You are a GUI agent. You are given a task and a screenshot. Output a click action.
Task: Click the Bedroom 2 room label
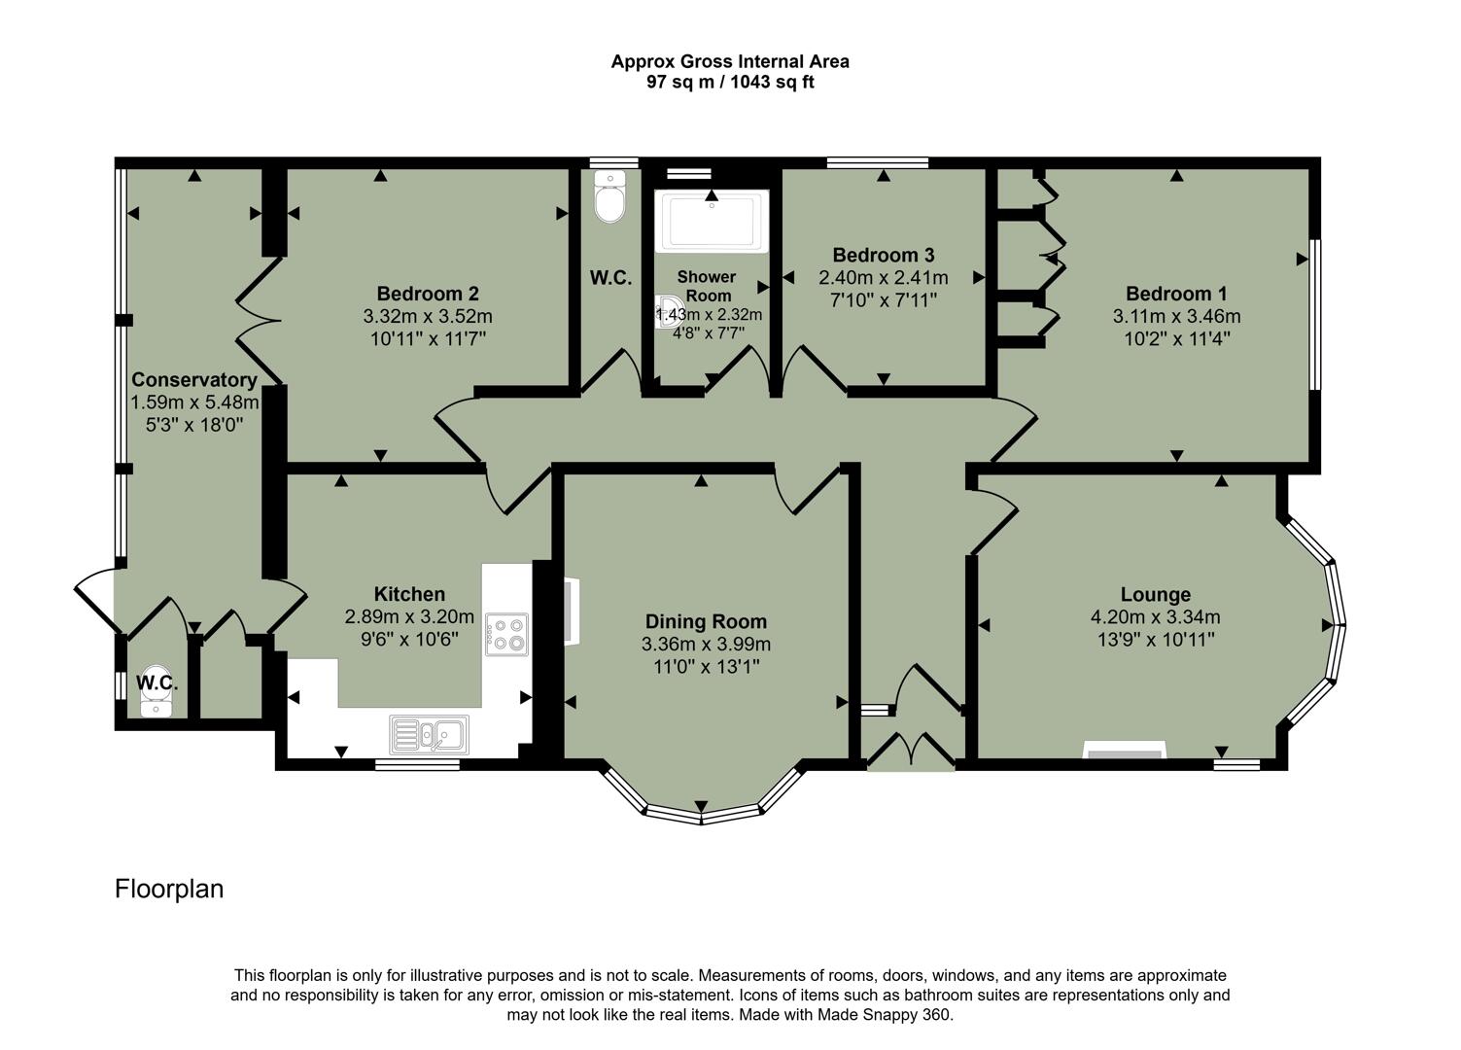[x=428, y=294]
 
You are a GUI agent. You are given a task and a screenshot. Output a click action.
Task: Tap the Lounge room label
[x=1155, y=594]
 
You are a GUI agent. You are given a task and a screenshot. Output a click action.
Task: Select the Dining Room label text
[x=706, y=621]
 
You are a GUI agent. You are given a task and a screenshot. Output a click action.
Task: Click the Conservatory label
[x=194, y=380]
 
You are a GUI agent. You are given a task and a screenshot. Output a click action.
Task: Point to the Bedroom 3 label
[x=883, y=255]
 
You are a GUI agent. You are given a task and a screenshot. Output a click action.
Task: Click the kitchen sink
[x=429, y=734]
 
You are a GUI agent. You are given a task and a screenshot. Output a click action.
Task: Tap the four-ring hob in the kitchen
[x=506, y=634]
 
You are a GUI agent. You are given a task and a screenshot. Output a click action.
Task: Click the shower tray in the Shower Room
[x=712, y=222]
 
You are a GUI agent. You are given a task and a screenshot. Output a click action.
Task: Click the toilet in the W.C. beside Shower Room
[x=609, y=199]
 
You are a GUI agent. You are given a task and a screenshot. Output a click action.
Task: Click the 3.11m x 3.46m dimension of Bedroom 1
[x=1176, y=316]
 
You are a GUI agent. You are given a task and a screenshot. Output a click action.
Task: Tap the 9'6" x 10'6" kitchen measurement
[x=409, y=639]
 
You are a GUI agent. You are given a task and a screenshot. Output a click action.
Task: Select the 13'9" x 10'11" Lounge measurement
[x=1155, y=639]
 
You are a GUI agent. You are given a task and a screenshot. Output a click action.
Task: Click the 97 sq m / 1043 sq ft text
[x=730, y=83]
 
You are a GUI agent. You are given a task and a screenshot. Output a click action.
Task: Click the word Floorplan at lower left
[x=169, y=889]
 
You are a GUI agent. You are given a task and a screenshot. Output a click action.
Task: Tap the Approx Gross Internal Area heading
[x=730, y=61]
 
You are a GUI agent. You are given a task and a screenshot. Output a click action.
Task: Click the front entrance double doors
[x=911, y=751]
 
